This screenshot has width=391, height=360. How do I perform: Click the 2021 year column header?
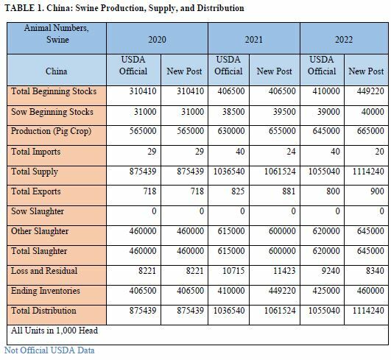point(253,40)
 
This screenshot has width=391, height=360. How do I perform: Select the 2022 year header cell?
point(344,40)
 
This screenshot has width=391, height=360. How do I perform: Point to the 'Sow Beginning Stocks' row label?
point(52,112)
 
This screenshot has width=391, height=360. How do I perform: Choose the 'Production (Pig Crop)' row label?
point(51,131)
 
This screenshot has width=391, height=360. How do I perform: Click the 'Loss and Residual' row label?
point(44,271)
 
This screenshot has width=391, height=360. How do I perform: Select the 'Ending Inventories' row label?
point(46,291)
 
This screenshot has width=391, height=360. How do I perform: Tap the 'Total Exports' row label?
point(36,191)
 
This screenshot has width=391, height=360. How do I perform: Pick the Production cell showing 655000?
point(282,131)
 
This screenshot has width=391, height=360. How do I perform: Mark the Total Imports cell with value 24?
point(291,152)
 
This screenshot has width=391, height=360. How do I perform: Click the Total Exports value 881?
point(289,191)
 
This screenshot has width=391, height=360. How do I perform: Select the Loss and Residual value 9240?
point(331,271)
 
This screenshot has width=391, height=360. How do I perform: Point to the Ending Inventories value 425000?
point(326,291)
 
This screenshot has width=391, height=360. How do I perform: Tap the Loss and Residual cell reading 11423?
point(284,271)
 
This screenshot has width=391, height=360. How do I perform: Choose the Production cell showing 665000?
point(370,131)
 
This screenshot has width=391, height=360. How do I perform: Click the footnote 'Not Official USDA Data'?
point(49,350)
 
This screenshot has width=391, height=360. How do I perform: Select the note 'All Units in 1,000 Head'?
point(54,331)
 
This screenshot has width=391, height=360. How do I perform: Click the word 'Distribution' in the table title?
point(220,8)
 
